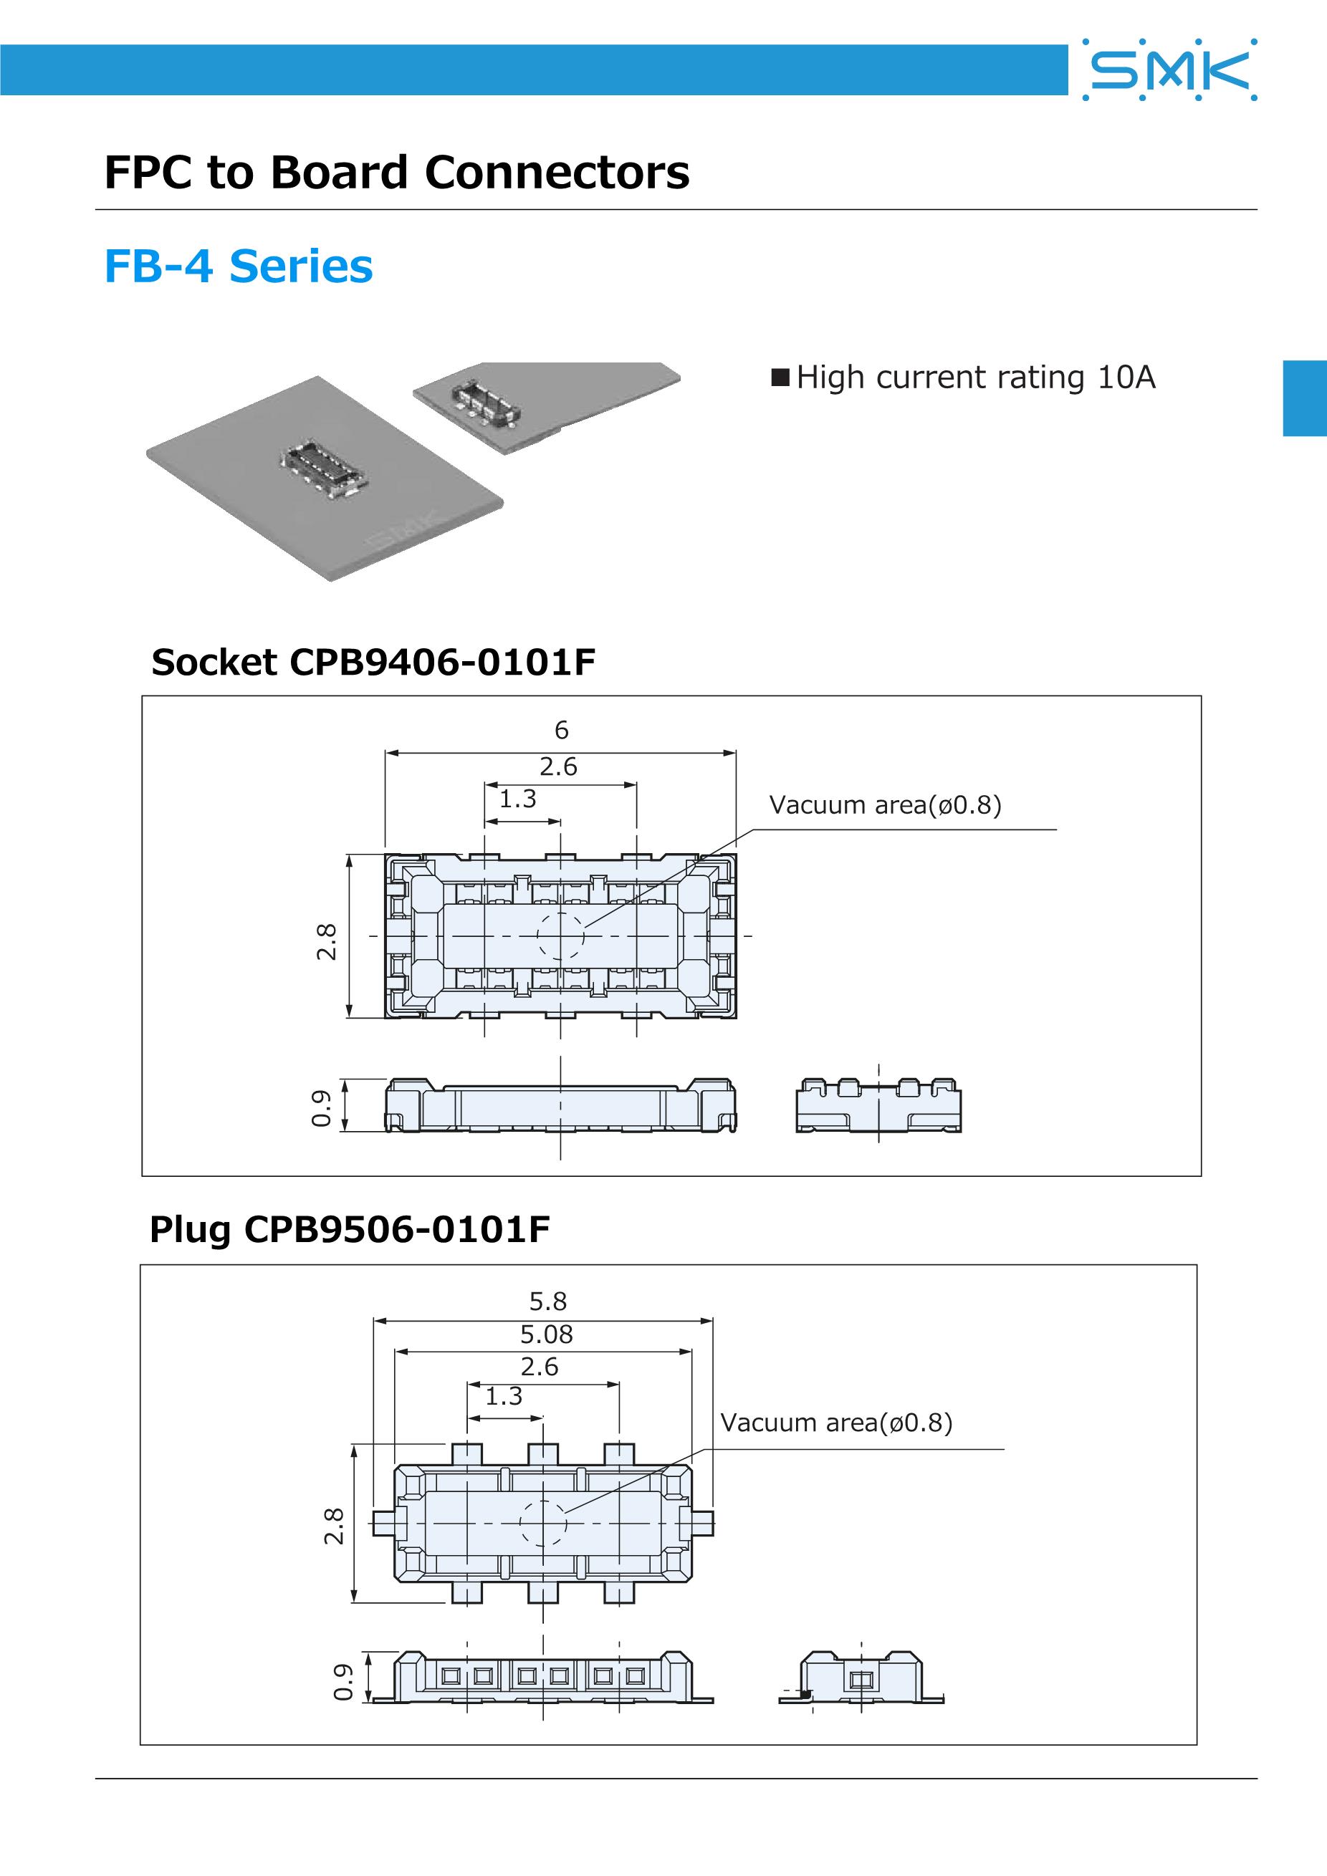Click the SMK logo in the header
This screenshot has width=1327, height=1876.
click(x=1170, y=70)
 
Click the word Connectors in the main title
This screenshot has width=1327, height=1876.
click(x=557, y=173)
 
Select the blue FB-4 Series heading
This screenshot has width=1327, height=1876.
click(x=238, y=266)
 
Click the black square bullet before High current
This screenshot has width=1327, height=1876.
click(x=780, y=377)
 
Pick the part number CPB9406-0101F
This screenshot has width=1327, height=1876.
click(x=442, y=662)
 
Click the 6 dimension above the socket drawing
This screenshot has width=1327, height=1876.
click(x=561, y=730)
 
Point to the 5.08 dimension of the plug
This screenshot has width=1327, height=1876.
click(x=547, y=1334)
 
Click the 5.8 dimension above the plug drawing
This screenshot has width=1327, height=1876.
click(x=547, y=1301)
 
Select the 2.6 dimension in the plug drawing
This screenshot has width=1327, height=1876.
click(x=540, y=1366)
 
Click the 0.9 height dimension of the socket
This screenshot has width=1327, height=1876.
click(x=322, y=1107)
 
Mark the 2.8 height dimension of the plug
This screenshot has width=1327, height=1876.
click(x=334, y=1526)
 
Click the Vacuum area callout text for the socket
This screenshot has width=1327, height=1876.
click(x=885, y=805)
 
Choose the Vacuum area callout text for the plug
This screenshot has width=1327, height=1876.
click(x=836, y=1423)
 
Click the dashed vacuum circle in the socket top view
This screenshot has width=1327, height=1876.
click(x=560, y=935)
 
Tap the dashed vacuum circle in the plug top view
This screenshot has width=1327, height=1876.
click(x=543, y=1523)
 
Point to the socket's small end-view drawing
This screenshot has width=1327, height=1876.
click(x=878, y=1105)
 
